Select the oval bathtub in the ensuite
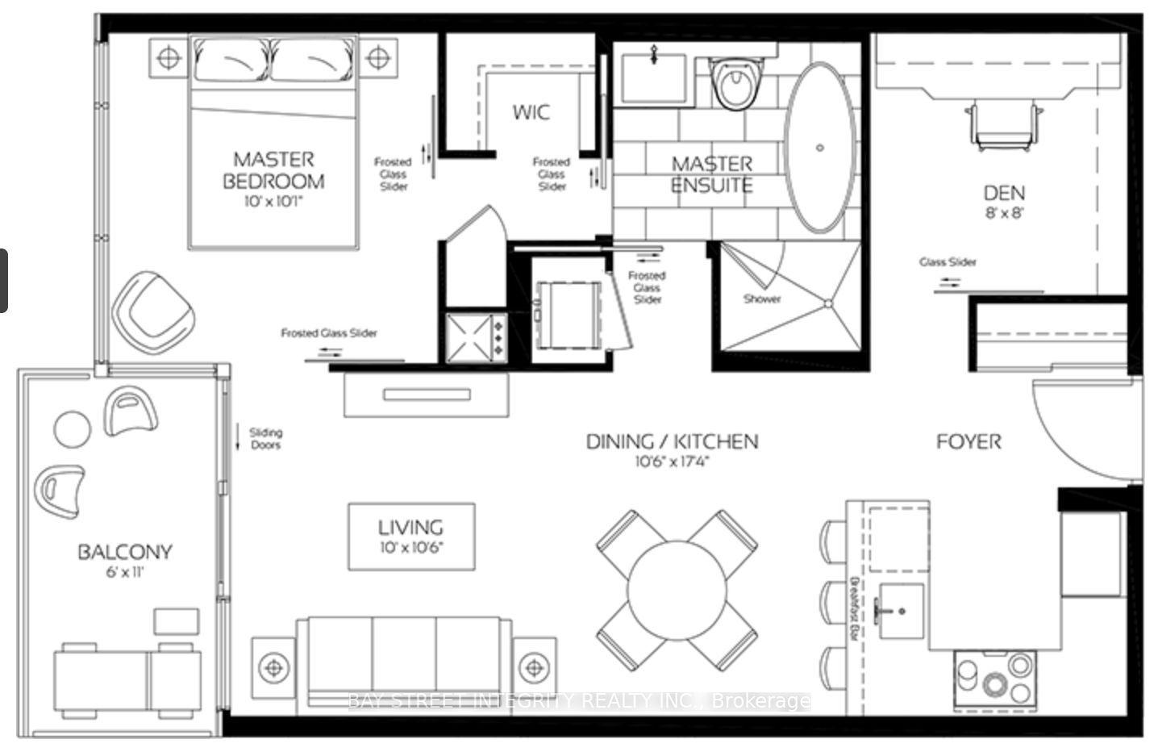pyautogui.click(x=819, y=148)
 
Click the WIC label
pyautogui.click(x=531, y=112)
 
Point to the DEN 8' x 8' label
pyautogui.click(x=1004, y=201)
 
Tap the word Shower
pyautogui.click(x=761, y=299)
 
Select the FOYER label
pyautogui.click(x=968, y=442)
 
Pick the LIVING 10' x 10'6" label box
pyautogui.click(x=411, y=536)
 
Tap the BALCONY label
pyautogui.click(x=125, y=559)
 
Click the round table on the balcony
pyautogui.click(x=73, y=429)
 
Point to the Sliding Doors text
pyautogui.click(x=265, y=438)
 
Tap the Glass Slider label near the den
pyautogui.click(x=948, y=262)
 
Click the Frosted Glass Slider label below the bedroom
pyautogui.click(x=329, y=332)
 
